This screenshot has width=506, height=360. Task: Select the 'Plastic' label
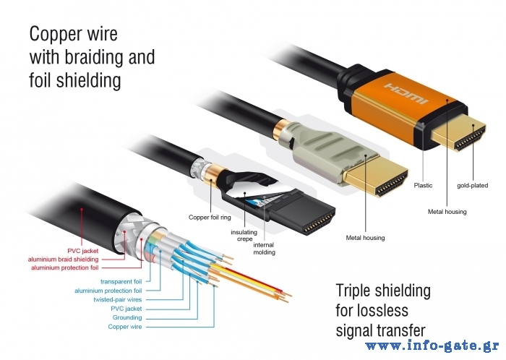point(423,186)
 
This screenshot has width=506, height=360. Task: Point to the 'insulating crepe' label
point(243,236)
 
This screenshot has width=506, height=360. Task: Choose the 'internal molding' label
point(264,249)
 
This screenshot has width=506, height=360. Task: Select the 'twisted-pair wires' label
point(117,299)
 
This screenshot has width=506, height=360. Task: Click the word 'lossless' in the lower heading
point(384,312)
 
